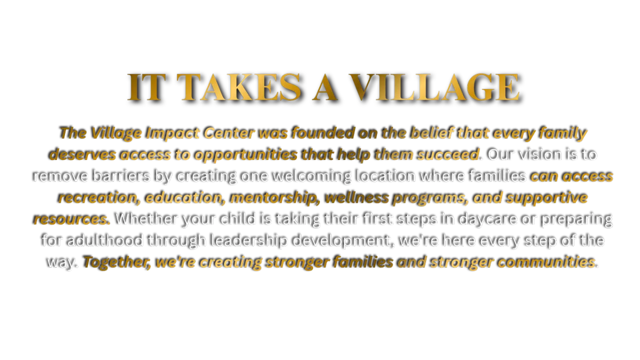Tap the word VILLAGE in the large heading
point(434,87)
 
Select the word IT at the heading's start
point(147,87)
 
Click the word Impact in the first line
point(172,133)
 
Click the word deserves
point(82,154)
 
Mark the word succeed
point(447,154)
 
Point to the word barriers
point(121,175)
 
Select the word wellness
point(356,197)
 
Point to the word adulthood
point(105,241)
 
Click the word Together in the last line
point(117,262)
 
